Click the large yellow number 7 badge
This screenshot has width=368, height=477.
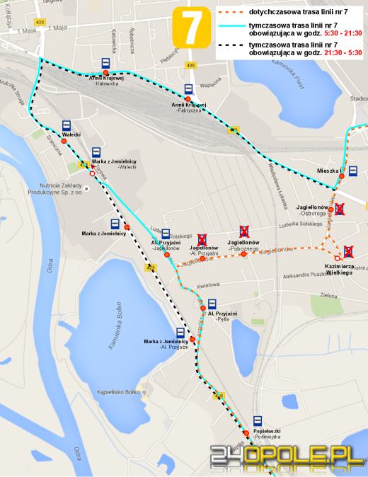191,28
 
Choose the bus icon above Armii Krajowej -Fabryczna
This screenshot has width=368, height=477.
188,89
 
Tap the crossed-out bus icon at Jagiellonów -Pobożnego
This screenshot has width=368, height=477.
245,229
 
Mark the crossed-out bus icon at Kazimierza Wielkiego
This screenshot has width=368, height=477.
349,252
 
